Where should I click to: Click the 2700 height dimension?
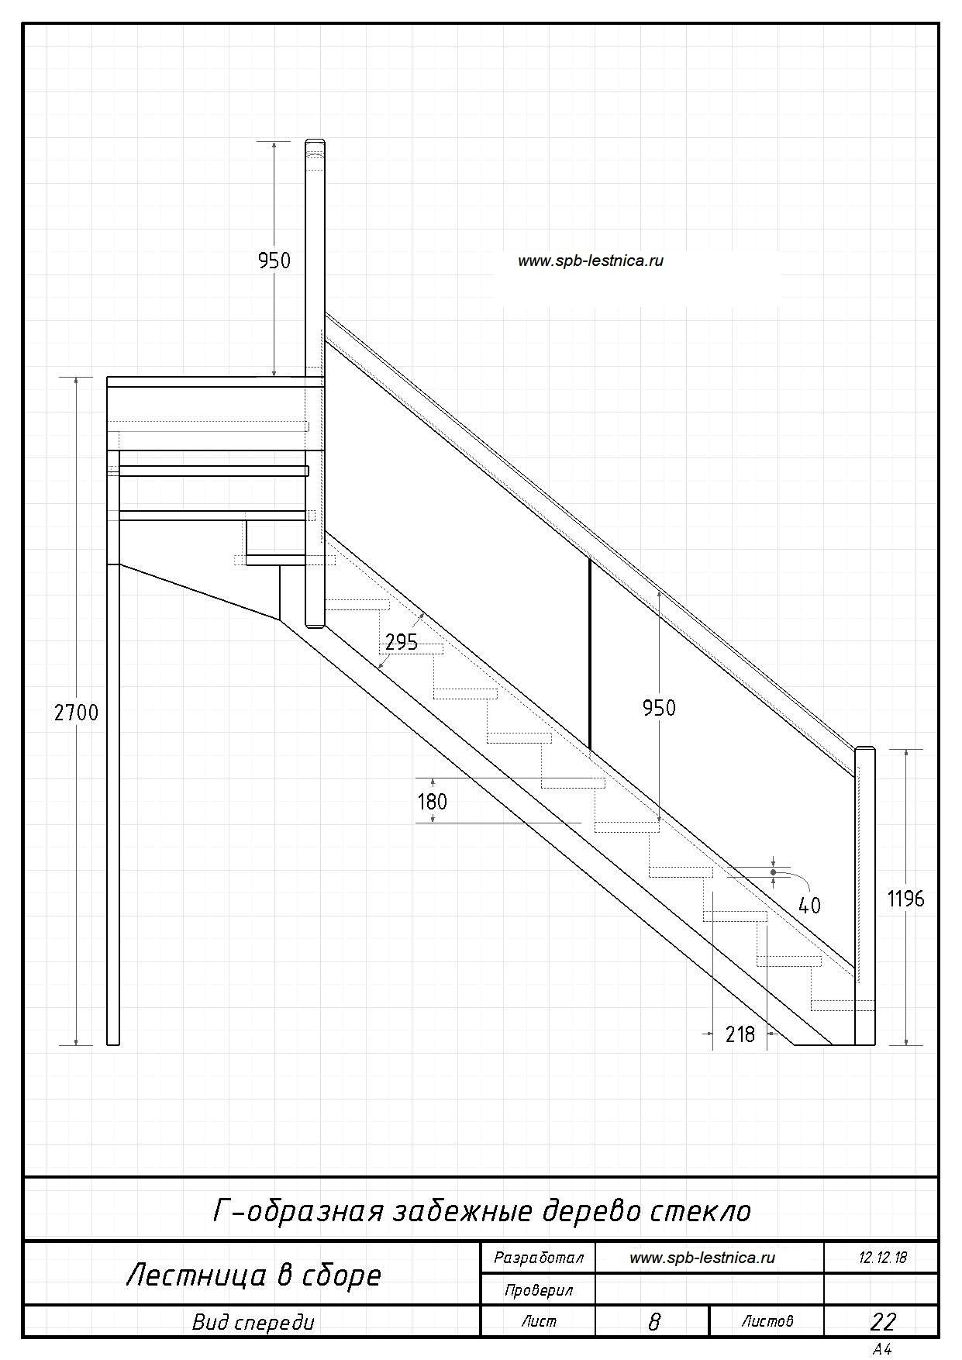76,712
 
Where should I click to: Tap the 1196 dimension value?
905,899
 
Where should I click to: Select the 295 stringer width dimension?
402,642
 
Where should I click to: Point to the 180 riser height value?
433,801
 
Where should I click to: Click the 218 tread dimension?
740,1034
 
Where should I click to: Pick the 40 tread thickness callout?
809,905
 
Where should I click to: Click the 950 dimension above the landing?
274,260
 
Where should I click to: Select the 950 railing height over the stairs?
659,707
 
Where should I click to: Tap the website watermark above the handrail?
591,261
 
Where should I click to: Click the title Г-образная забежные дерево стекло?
482,1210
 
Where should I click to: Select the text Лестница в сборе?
253,1275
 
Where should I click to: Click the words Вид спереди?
253,1322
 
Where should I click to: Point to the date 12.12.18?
882,1258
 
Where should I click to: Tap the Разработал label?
538,1258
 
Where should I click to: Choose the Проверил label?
538,1290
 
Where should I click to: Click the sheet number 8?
653,1322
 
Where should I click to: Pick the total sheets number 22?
883,1322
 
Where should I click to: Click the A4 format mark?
882,1349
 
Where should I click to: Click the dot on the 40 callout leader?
773,872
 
